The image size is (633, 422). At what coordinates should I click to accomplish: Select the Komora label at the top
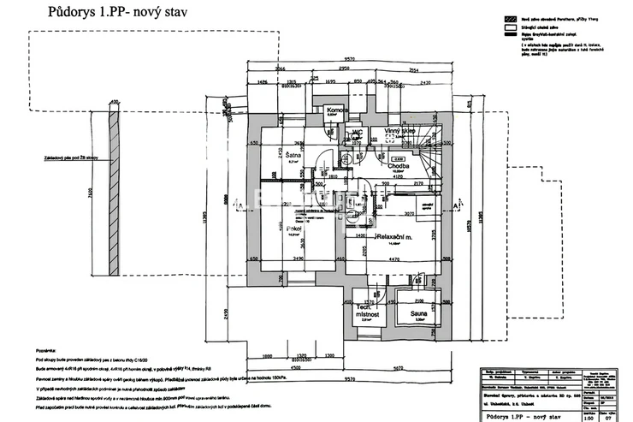336,111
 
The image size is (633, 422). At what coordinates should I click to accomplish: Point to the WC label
357,132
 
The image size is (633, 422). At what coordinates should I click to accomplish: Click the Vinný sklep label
399,131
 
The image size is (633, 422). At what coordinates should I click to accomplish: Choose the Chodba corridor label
402,165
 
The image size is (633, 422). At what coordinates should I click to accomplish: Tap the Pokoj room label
295,230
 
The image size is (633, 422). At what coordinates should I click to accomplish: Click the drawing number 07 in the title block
608,417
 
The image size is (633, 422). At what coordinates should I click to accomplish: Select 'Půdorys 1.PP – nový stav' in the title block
519,414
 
